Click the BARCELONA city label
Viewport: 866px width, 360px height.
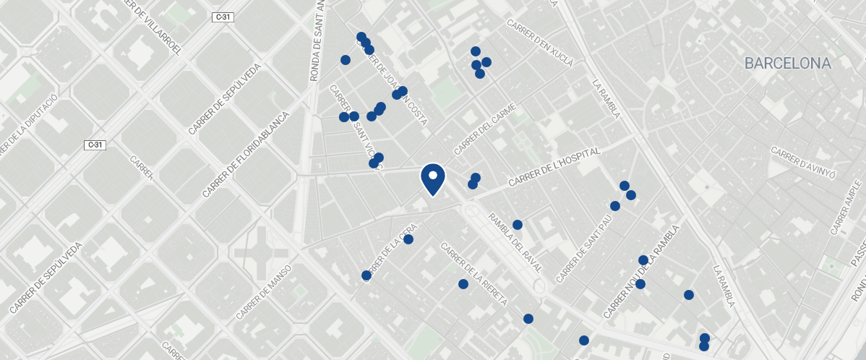pyautogui.click(x=787, y=64)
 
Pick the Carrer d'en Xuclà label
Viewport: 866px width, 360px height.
pyautogui.click(x=540, y=43)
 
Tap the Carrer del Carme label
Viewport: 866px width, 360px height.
pyautogui.click(x=486, y=129)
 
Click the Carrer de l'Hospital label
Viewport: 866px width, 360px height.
pyautogui.click(x=555, y=168)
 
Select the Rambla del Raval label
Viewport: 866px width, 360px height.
pyautogui.click(x=515, y=243)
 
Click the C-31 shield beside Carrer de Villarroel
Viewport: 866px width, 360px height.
pyautogui.click(x=223, y=17)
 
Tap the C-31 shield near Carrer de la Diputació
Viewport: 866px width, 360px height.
pyautogui.click(x=95, y=145)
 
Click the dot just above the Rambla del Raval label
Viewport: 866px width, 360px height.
pyautogui.click(x=517, y=225)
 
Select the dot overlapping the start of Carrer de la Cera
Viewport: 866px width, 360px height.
pyautogui.click(x=366, y=275)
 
